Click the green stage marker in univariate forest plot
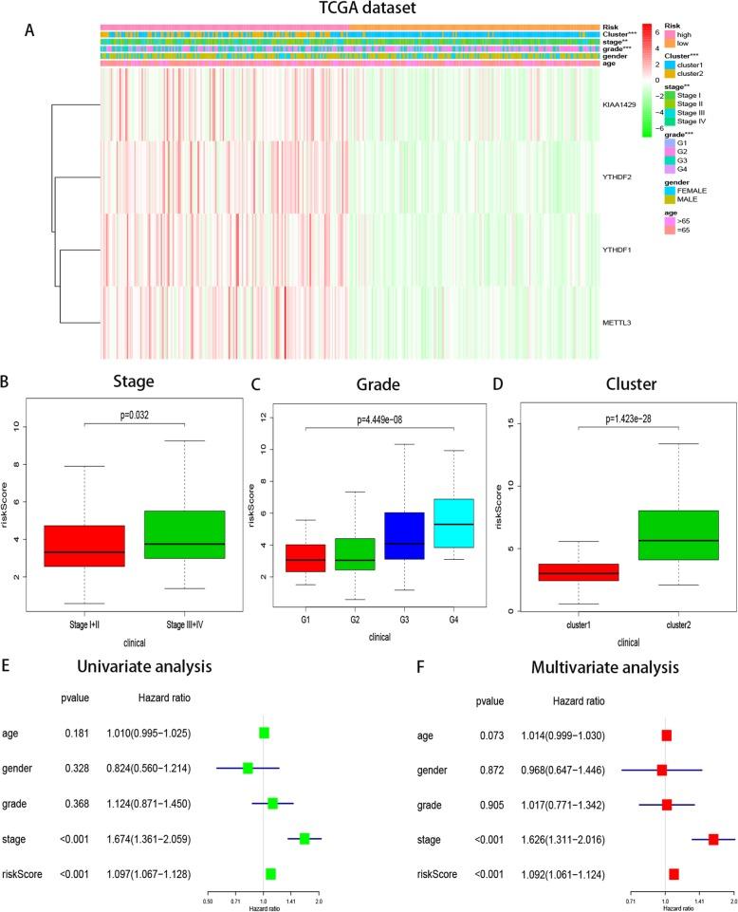(x=304, y=812)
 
